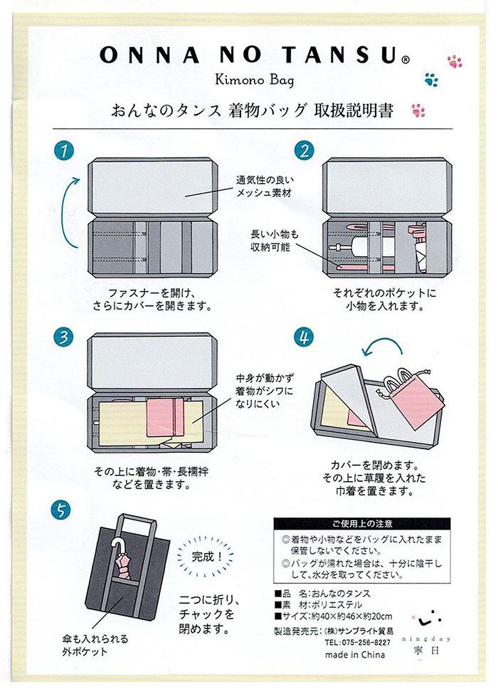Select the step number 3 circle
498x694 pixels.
point(64,337)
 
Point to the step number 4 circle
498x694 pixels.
point(304,337)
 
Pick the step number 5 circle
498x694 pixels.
point(61,510)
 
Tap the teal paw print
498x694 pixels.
point(431,80)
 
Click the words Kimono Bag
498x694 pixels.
point(254,80)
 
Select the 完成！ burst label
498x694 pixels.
point(206,557)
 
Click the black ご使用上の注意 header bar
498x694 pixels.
point(362,524)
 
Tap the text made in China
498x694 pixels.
point(355,655)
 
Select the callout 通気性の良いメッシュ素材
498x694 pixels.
point(265,186)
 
